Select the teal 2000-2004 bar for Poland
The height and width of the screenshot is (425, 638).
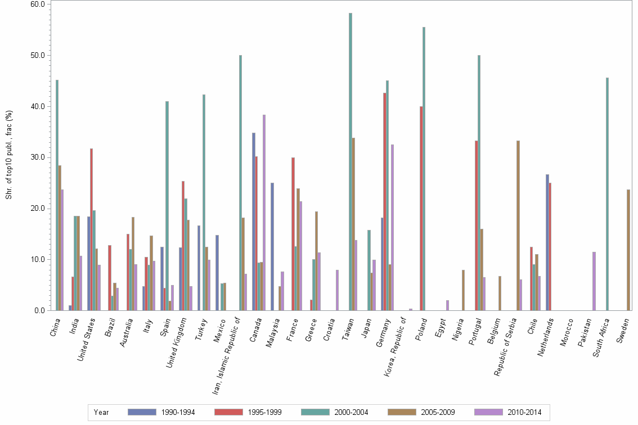point(424,169)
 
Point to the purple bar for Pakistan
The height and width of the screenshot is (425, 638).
point(594,281)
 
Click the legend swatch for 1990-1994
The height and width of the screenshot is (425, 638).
point(142,412)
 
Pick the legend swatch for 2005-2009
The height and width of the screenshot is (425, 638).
point(402,412)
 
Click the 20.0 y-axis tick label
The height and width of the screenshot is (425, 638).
point(38,209)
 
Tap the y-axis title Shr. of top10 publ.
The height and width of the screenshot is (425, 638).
point(8,155)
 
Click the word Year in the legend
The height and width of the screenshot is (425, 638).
point(101,412)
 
